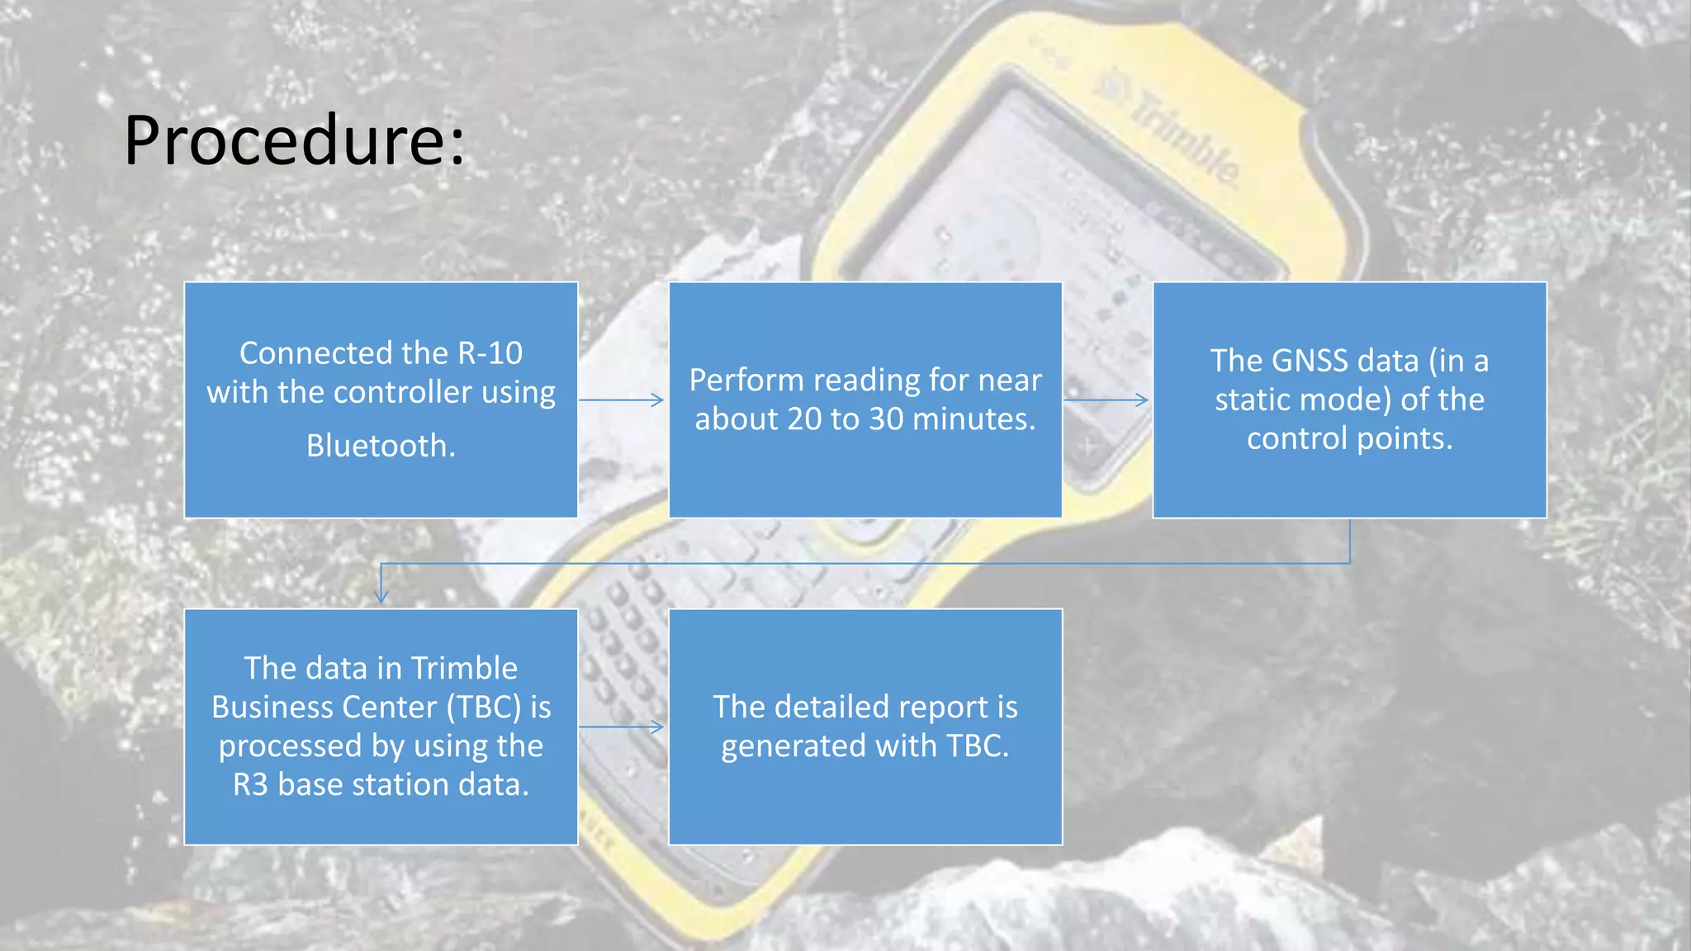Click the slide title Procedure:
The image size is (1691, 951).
(295, 140)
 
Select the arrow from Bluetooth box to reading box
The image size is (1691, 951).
(622, 400)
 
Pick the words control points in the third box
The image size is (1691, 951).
(1349, 438)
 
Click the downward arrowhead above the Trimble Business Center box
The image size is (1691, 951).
(381, 596)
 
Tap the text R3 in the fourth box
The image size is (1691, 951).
(250, 784)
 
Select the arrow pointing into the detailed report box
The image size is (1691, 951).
(622, 727)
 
